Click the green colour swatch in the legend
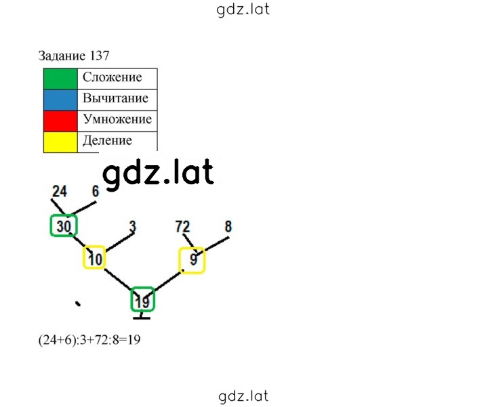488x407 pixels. (60, 79)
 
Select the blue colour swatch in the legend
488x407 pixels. (60, 100)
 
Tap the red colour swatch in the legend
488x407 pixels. (60, 121)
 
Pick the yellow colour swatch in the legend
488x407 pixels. (60, 142)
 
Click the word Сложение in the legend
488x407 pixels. (112, 77)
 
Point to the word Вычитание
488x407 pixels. (115, 98)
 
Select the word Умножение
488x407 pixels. (117, 119)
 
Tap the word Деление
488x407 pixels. (107, 141)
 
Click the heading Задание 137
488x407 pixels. (74, 56)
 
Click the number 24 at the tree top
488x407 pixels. (60, 191)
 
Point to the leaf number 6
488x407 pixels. (96, 191)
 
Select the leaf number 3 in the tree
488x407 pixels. (133, 227)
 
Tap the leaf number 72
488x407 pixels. (183, 227)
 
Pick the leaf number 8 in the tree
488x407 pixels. (228, 226)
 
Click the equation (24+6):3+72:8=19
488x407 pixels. (89, 340)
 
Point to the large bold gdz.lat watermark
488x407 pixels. (158, 173)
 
